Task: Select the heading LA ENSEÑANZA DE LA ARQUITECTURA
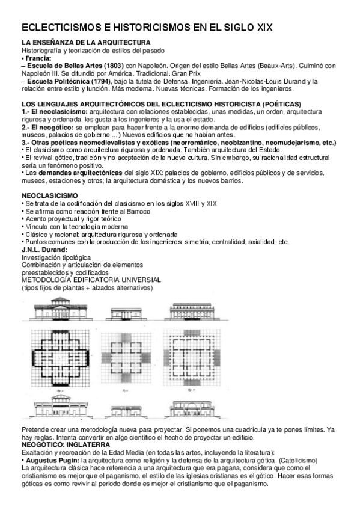click(86, 43)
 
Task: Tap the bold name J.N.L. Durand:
click(45, 249)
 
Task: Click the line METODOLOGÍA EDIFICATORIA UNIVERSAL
click(91, 280)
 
